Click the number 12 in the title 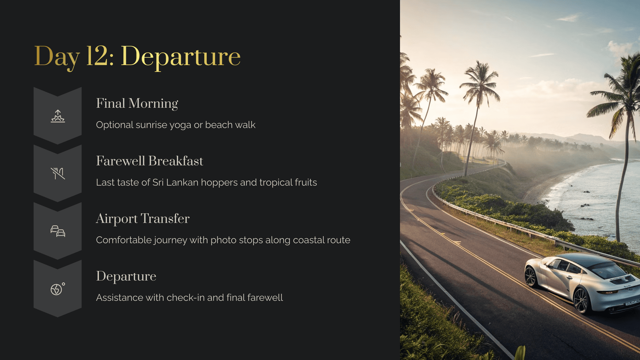tap(97, 56)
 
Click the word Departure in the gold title tap(181, 58)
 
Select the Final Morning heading tap(137, 104)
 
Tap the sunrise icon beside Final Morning tap(58, 116)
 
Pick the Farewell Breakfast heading tap(150, 161)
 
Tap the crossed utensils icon tap(58, 174)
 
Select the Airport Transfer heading tap(142, 219)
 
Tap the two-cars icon tap(58, 231)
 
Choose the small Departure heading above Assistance tap(126, 276)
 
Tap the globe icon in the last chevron tap(57, 289)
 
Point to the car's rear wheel tap(582, 300)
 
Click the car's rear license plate tap(632, 302)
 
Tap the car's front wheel tap(531, 276)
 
